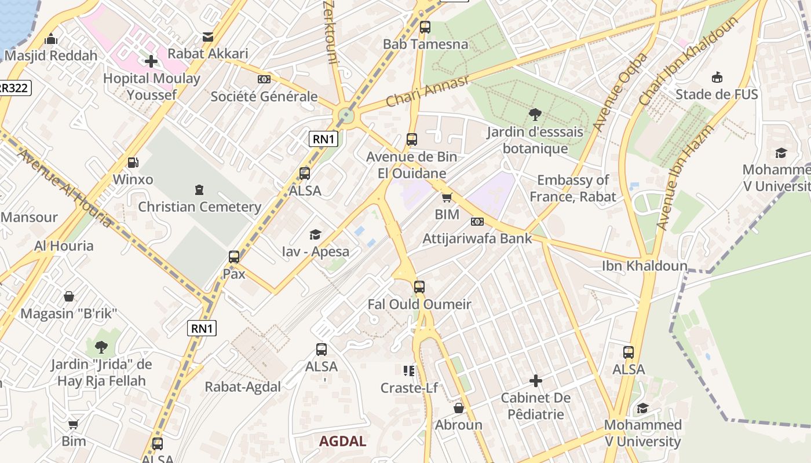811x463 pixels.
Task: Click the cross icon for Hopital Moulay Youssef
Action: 151,61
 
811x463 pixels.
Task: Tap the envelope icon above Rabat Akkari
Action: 207,38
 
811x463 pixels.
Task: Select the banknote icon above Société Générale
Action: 264,79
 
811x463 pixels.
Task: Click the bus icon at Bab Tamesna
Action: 425,27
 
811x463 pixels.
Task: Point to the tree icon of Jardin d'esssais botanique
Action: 535,115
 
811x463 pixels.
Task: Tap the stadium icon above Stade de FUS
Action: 717,77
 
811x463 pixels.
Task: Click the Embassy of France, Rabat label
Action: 572,189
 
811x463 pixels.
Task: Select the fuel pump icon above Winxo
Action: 133,163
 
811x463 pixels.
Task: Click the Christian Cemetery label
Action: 199,207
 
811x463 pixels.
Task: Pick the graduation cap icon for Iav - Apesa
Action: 315,234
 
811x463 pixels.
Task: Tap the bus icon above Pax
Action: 234,256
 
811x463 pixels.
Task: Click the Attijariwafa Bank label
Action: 477,238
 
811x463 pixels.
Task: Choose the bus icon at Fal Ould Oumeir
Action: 419,287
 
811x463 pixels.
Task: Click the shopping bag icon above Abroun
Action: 458,408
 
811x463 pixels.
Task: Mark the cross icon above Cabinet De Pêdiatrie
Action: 536,381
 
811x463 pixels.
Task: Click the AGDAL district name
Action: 342,441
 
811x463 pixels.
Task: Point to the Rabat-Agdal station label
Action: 243,387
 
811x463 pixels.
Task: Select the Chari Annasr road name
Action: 428,91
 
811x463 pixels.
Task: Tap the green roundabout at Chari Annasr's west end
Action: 346,115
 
